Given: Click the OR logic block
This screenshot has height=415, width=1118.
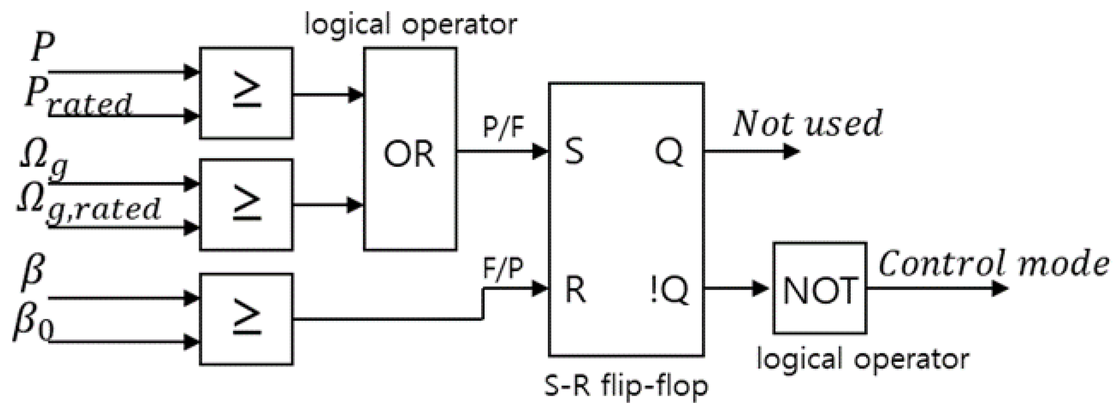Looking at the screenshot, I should click(410, 150).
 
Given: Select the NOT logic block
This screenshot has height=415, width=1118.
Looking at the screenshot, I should click(819, 288).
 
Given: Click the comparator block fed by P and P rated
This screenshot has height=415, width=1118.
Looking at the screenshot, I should click(246, 93).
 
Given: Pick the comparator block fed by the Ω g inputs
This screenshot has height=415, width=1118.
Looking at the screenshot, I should click(246, 205).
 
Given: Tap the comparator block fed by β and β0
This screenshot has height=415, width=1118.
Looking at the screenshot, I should click(246, 319).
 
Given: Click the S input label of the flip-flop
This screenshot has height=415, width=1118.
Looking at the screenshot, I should click(574, 152).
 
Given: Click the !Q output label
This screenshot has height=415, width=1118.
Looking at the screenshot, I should click(670, 290).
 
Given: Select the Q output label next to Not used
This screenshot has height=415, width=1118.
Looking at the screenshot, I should click(669, 152).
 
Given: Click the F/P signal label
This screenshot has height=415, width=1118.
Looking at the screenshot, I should click(503, 269).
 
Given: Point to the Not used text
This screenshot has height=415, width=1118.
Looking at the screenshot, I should click(807, 124).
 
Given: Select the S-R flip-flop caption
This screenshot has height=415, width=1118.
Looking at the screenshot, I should click(626, 386).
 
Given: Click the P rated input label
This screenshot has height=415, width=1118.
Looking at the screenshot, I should click(78, 95).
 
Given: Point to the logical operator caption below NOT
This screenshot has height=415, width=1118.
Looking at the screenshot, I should click(863, 359).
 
